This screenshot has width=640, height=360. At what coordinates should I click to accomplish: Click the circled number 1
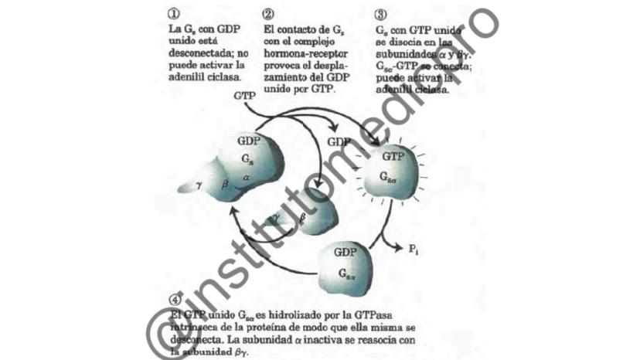point(173,14)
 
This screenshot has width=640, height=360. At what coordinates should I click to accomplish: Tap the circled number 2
point(268,14)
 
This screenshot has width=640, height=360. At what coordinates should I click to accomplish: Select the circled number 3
point(380,14)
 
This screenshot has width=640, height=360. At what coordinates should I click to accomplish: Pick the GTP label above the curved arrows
point(243,97)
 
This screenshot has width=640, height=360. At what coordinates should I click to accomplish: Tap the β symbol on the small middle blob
point(302,219)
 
